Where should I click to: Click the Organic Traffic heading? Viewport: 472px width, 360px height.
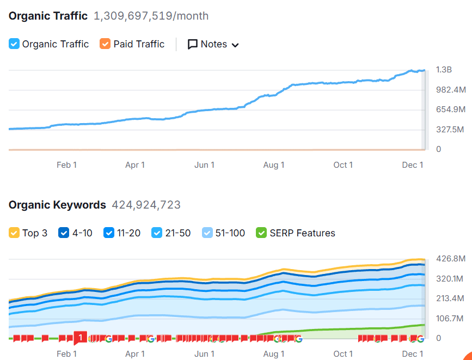click(48, 16)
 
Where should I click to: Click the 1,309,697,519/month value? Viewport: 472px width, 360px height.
click(151, 16)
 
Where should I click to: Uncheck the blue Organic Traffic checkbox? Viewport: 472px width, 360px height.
click(14, 44)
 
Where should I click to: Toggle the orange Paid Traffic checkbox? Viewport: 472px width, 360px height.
click(105, 44)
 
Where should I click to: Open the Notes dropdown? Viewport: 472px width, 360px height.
click(213, 44)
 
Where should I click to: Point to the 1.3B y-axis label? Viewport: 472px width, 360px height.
click(444, 70)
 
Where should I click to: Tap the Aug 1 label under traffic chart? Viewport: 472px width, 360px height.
click(274, 165)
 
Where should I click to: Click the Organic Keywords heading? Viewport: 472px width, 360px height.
click(57, 205)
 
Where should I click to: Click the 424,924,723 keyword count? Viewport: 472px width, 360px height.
click(146, 205)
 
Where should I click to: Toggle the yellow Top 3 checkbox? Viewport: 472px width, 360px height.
click(14, 233)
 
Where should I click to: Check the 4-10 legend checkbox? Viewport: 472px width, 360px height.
click(64, 233)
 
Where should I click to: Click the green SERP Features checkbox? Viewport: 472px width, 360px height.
click(261, 233)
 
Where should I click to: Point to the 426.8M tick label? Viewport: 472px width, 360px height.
click(451, 258)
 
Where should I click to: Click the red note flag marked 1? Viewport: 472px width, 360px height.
click(80, 338)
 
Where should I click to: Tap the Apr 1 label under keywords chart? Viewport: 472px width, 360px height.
click(135, 353)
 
